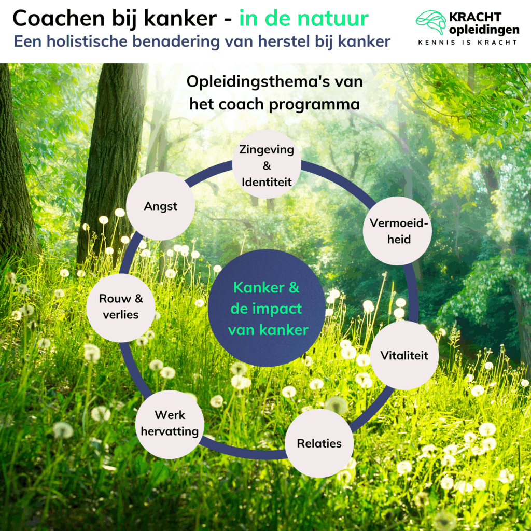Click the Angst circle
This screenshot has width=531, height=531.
161,206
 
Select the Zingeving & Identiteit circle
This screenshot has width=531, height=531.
267,165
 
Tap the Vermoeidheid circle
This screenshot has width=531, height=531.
397,231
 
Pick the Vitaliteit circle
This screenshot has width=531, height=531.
404,356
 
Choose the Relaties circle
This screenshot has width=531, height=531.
319,443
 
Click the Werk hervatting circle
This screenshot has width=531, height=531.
170,423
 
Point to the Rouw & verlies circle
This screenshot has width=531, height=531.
121,308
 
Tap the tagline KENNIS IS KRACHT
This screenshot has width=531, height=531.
468,43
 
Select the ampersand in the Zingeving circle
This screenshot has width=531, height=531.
267,165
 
